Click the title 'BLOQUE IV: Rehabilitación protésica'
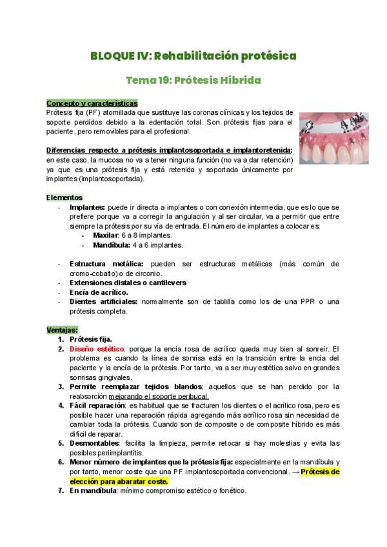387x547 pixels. pyautogui.click(x=193, y=56)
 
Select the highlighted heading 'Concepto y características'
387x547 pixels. pyautogui.click(x=92, y=103)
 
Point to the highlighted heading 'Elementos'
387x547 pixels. pyautogui.click(x=64, y=197)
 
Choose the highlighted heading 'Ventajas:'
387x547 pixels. pyautogui.click(x=62, y=330)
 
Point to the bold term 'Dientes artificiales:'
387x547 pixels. pyautogui.click(x=103, y=301)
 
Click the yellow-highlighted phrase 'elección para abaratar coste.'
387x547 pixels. pyautogui.click(x=119, y=481)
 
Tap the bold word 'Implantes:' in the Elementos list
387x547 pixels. pyautogui.click(x=87, y=207)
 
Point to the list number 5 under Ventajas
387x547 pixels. pyautogui.click(x=61, y=444)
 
